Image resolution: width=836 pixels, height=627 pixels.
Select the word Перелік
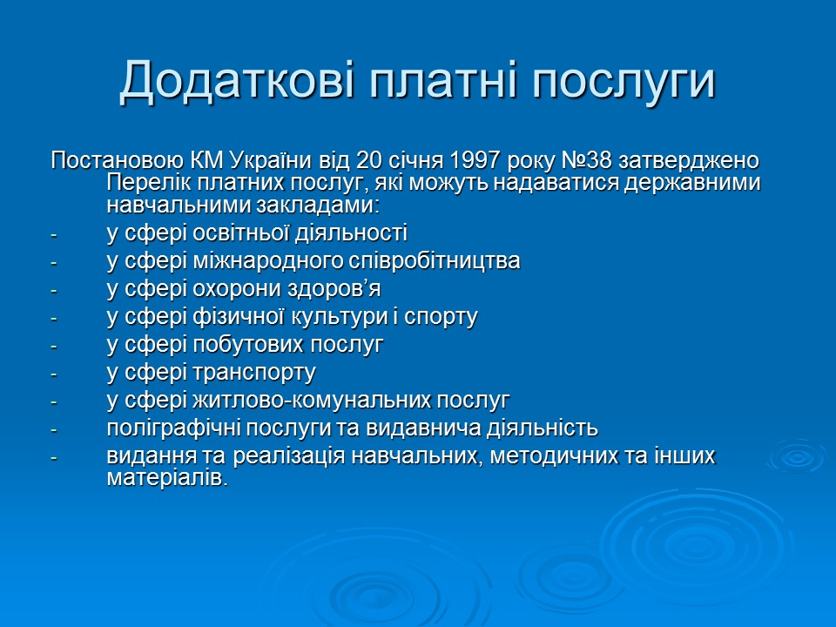142,184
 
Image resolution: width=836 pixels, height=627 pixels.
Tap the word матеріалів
166,479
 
